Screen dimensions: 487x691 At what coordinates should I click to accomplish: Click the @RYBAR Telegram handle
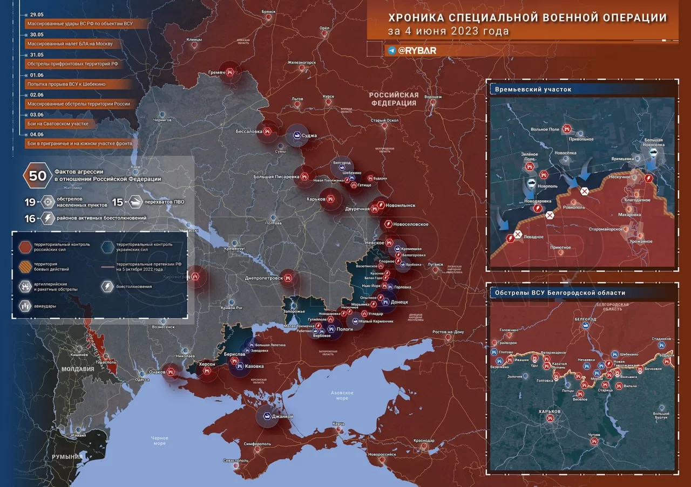click(417, 50)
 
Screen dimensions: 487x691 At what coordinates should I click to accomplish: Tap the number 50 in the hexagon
click(37, 175)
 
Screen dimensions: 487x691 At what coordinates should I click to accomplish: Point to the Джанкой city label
click(282, 416)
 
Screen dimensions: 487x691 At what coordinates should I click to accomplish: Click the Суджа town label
click(309, 136)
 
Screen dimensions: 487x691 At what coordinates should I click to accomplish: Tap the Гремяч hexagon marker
click(231, 72)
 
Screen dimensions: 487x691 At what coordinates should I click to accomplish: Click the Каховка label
click(254, 366)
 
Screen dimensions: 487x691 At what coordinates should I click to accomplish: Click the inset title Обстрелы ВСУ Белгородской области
click(560, 293)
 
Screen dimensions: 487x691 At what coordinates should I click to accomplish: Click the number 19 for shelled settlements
click(30, 202)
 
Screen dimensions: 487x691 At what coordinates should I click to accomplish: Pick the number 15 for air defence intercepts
click(118, 202)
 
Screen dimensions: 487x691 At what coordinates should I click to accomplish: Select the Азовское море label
click(342, 395)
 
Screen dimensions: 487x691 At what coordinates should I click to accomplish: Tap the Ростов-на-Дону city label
click(448, 332)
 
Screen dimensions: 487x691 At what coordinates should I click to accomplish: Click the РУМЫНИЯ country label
click(67, 457)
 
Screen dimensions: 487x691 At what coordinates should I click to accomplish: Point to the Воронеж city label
click(433, 97)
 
